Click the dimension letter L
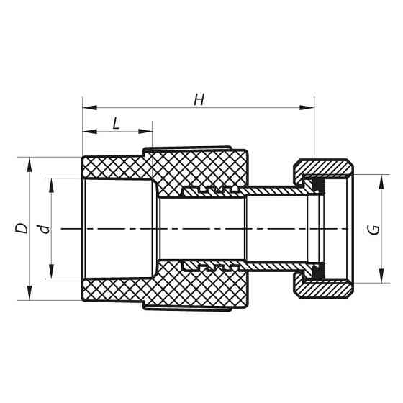(116, 123)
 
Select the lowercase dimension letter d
(45, 228)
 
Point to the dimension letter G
(373, 230)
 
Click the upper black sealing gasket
(317, 186)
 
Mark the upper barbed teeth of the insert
(212, 190)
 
